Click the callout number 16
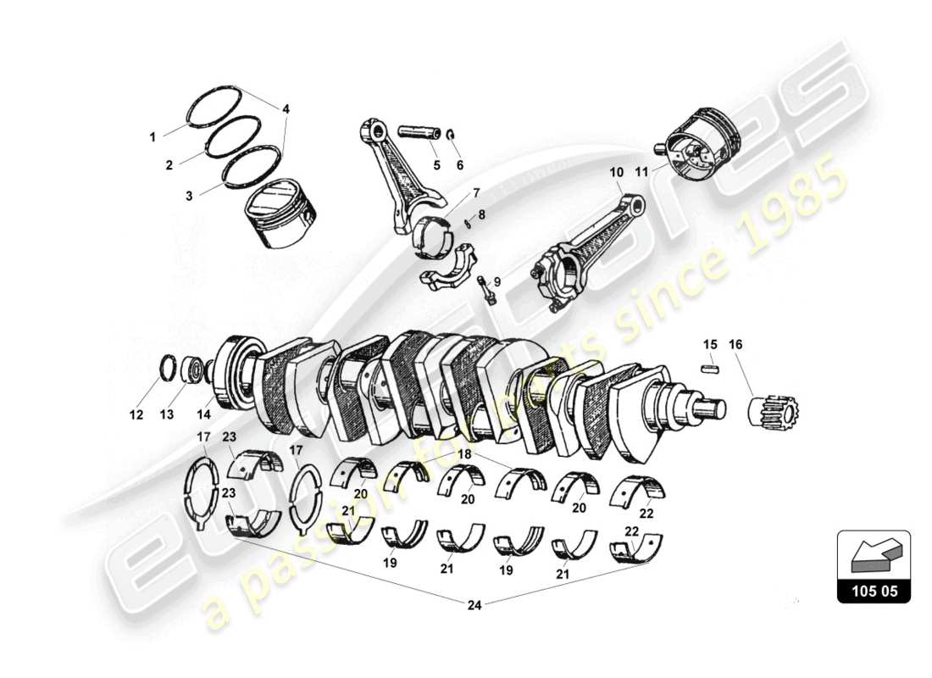click(735, 344)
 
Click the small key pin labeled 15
click(710, 369)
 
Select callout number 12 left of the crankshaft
click(136, 414)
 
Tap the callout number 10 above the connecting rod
click(616, 172)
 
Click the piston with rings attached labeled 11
click(699, 147)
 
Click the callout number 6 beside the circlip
click(460, 165)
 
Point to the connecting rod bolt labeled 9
click(486, 289)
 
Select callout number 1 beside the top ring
click(153, 136)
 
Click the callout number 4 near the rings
click(286, 108)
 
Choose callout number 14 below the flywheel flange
click(203, 414)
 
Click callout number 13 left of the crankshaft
click(166, 414)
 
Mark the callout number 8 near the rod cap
click(481, 215)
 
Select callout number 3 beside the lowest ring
click(190, 195)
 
